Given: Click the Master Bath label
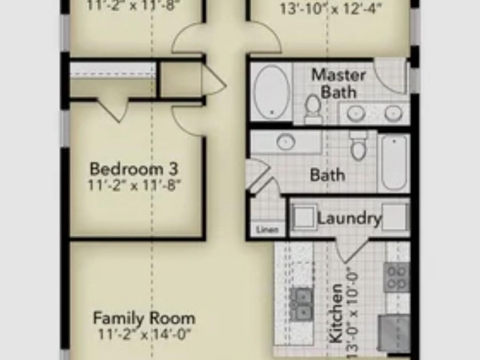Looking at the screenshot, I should click(x=338, y=83).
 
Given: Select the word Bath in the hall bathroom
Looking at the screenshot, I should click(x=327, y=175).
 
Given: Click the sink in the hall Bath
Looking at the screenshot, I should click(x=286, y=142).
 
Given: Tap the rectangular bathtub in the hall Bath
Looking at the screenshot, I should click(x=394, y=163).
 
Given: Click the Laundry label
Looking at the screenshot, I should click(x=349, y=219).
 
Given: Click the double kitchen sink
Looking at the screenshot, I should click(x=302, y=302).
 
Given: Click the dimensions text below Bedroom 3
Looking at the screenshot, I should click(x=135, y=186).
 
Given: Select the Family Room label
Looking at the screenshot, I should click(x=144, y=319).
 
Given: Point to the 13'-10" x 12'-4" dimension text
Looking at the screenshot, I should click(x=331, y=9).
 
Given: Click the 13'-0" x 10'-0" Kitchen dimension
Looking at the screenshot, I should click(x=351, y=309).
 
